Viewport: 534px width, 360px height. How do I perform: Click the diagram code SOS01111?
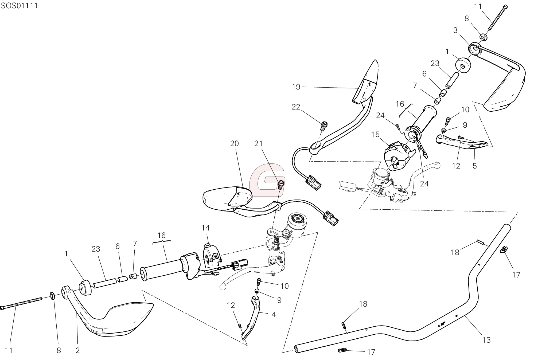pyautogui.click(x=19, y=6)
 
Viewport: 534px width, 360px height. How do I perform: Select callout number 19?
pyautogui.click(x=296, y=87)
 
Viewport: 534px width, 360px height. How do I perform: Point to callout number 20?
pyautogui.click(x=234, y=144)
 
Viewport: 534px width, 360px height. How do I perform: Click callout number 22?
pyautogui.click(x=296, y=107)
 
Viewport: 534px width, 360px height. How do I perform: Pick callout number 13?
pyautogui.click(x=486, y=340)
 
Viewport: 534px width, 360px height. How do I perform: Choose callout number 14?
pyautogui.click(x=205, y=228)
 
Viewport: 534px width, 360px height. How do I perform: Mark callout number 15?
pyautogui.click(x=375, y=134)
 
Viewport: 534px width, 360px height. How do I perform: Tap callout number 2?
pyautogui.click(x=77, y=350)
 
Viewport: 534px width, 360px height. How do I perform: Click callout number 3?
pyautogui.click(x=455, y=30)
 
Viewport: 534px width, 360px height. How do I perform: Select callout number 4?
pyautogui.click(x=273, y=315)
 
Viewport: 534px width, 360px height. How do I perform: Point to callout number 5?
pyautogui.click(x=474, y=166)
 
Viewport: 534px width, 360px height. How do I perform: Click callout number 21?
pyautogui.click(x=258, y=144)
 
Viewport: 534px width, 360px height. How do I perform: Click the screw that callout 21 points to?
pyautogui.click(x=280, y=184)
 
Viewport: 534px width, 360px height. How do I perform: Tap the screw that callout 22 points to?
pyautogui.click(x=324, y=125)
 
